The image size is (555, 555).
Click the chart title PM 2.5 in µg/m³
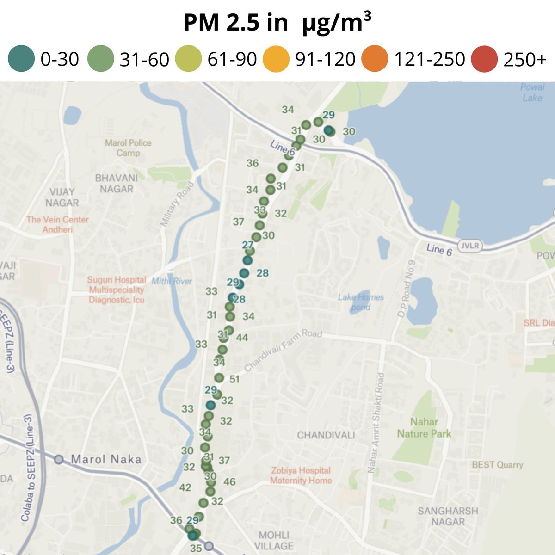point(277,22)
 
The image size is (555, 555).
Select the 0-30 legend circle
point(21,59)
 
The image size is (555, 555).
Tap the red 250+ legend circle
point(484,59)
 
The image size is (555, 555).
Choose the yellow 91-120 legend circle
point(276,59)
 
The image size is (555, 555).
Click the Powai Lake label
point(532,92)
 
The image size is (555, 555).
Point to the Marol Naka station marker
point(59,459)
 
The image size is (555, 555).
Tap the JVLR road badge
point(469,246)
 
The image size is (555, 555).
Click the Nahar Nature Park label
point(424,428)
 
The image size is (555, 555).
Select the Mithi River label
point(172,281)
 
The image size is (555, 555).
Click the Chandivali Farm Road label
point(283,350)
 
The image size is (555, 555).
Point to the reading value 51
point(234,379)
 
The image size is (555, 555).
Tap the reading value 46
point(229,482)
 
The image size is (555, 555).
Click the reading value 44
point(242,338)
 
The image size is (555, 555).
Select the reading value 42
point(185,487)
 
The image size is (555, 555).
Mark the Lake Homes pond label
point(361,302)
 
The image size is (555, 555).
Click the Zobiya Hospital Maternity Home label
point(301,475)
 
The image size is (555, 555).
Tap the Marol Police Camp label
point(128,148)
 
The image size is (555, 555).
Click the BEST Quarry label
point(497,465)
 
